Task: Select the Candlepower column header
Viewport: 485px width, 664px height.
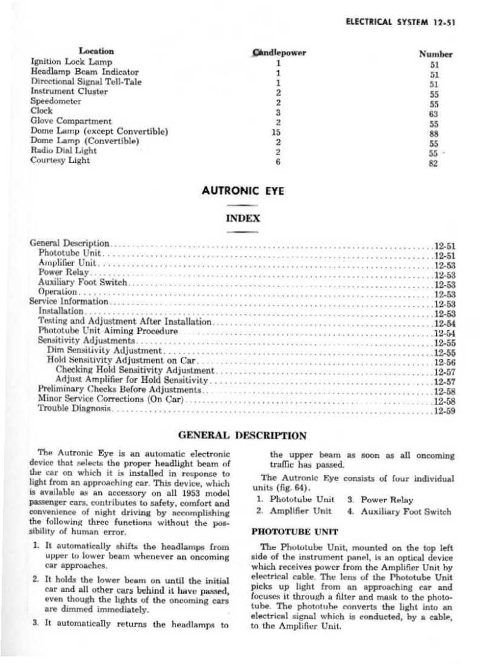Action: (x=278, y=52)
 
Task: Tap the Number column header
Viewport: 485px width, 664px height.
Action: (x=435, y=54)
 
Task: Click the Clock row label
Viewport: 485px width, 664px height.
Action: (x=38, y=111)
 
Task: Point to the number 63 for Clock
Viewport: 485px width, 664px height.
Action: (x=433, y=114)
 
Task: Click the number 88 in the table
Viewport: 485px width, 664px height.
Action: (x=433, y=134)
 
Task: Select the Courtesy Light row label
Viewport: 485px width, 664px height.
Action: (x=60, y=161)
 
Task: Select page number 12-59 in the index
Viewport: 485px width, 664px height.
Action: (x=444, y=411)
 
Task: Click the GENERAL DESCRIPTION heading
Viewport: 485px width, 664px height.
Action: (x=242, y=434)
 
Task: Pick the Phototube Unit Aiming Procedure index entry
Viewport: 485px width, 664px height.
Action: (x=108, y=331)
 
